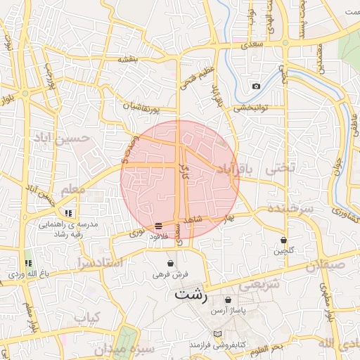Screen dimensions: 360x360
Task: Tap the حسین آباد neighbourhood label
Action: [60, 136]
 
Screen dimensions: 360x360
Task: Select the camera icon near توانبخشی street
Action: [256, 86]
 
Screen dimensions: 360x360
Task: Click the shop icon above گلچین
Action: [283, 240]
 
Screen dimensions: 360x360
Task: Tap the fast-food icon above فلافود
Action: [158, 226]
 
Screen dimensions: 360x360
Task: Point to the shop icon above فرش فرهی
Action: [170, 264]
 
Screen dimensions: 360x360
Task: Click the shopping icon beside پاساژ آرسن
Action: [228, 300]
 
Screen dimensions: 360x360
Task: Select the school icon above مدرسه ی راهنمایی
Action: [68, 213]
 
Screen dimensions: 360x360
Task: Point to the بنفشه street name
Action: [131, 58]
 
